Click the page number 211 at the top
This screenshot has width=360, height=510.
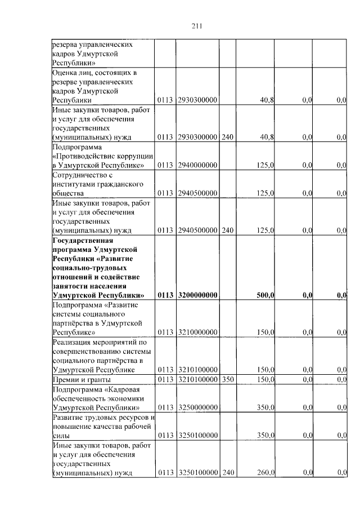[x=197, y=25]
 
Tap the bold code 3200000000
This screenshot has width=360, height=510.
[x=197, y=295]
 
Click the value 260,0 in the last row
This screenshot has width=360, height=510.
[x=265, y=473]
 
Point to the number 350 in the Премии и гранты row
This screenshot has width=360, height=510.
[x=227, y=379]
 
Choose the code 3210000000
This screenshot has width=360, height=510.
[x=197, y=332]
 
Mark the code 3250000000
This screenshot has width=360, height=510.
[x=197, y=407]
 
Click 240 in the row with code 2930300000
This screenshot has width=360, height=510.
[x=227, y=137]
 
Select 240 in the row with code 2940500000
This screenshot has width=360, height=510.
[x=227, y=230]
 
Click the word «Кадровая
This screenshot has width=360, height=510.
[x=119, y=389]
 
